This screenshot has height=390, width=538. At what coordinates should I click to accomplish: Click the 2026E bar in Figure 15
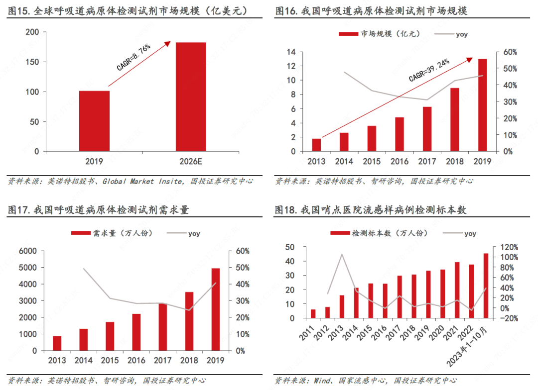pos(190,97)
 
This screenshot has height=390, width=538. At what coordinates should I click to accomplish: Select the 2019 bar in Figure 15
pos(94,121)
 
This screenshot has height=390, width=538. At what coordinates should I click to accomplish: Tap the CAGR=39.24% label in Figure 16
pos(429,70)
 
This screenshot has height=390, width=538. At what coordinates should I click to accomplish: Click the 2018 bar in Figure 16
pos(454,119)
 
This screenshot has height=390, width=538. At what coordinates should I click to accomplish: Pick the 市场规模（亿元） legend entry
pos(380,34)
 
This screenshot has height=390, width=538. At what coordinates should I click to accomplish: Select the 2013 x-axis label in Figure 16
pos(316,161)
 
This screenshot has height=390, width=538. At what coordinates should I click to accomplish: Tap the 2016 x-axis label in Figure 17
pos(137,360)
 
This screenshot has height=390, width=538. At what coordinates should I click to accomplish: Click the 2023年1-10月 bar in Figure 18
pos(486,286)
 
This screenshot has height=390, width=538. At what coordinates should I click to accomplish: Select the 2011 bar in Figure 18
pos(313,313)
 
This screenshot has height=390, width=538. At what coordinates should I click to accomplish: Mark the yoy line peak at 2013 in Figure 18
pos(342,255)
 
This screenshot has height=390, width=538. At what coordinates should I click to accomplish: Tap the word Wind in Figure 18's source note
pos(322,381)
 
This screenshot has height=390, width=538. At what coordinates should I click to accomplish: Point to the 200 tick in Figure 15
pos(32,32)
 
